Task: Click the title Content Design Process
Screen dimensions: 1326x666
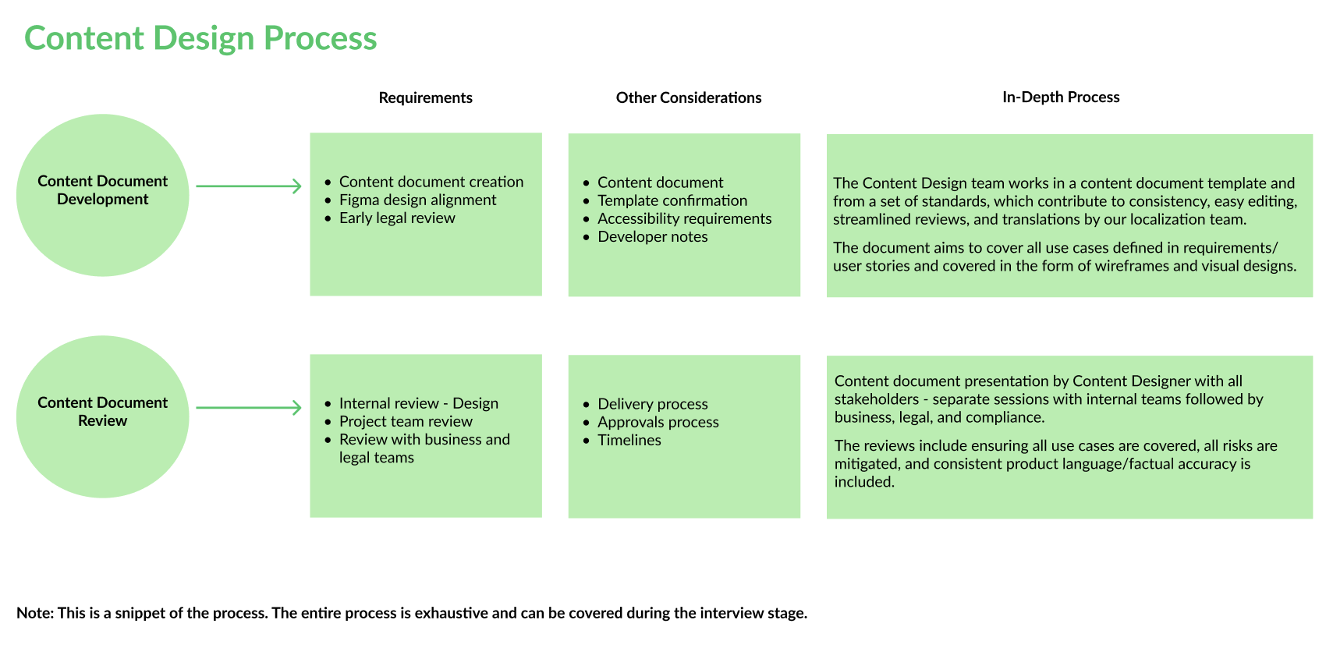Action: click(200, 38)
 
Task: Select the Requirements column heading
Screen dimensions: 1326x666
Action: click(425, 97)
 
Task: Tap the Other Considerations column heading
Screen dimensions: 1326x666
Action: click(688, 97)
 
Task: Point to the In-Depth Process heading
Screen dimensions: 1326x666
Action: click(1061, 97)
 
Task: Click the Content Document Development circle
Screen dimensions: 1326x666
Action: click(102, 195)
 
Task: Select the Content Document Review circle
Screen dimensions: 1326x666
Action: click(102, 416)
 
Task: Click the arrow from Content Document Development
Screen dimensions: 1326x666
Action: click(248, 186)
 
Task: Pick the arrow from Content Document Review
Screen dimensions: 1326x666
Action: click(248, 408)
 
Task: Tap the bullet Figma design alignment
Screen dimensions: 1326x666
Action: click(417, 200)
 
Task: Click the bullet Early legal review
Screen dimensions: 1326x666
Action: click(397, 218)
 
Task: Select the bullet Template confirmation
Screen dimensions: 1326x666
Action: click(672, 200)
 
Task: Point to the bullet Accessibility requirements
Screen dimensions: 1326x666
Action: click(684, 218)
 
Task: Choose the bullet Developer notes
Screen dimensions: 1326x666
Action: click(652, 236)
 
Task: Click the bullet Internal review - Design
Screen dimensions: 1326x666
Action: click(418, 403)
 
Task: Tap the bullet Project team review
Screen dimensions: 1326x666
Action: click(406, 421)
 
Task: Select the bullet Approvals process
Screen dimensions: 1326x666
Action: click(658, 422)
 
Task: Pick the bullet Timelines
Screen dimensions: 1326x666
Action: click(629, 440)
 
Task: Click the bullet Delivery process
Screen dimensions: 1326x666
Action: click(652, 404)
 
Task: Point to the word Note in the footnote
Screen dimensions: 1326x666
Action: click(34, 613)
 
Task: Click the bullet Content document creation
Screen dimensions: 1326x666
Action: click(431, 182)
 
